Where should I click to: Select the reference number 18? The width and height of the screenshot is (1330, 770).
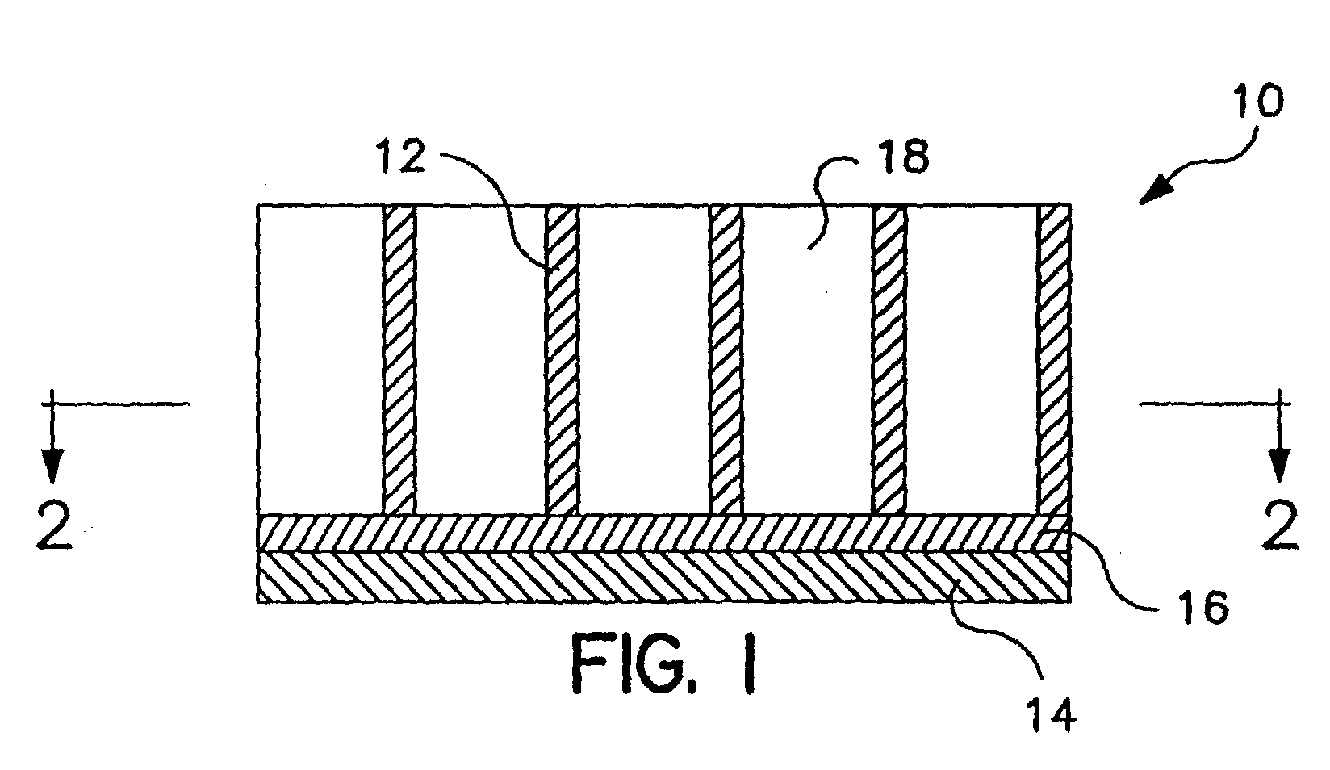click(x=905, y=157)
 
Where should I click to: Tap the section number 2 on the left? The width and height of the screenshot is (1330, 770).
click(x=55, y=525)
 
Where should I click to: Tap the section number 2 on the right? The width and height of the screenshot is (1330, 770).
click(x=1281, y=525)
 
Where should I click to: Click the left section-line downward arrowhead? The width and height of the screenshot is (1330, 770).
click(x=52, y=466)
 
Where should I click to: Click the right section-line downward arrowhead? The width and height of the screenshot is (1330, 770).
click(x=1279, y=466)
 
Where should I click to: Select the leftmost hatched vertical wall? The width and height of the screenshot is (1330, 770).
click(x=399, y=360)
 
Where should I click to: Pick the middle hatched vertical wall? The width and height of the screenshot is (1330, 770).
click(x=726, y=360)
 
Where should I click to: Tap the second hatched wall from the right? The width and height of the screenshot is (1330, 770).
click(x=889, y=360)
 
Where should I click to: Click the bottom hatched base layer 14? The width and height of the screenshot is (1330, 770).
click(x=664, y=576)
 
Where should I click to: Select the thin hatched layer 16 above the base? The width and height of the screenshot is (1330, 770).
click(x=664, y=533)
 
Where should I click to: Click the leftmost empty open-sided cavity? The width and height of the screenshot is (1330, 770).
click(x=320, y=360)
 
